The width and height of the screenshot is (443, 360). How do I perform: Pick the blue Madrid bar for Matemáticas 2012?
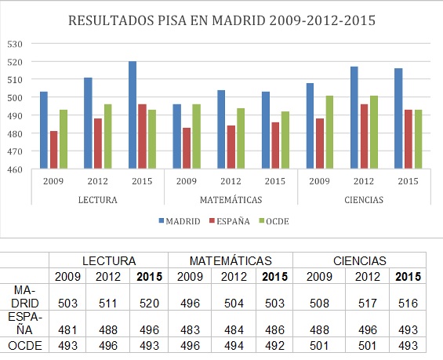(x=221, y=129)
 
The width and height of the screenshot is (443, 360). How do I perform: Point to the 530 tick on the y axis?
(x=14, y=43)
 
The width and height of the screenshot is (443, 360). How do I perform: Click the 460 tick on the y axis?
(x=14, y=169)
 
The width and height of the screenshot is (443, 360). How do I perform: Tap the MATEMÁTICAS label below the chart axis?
(x=231, y=200)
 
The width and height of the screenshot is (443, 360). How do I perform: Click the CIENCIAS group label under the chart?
(x=364, y=200)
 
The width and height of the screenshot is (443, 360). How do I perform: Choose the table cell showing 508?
(x=318, y=303)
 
